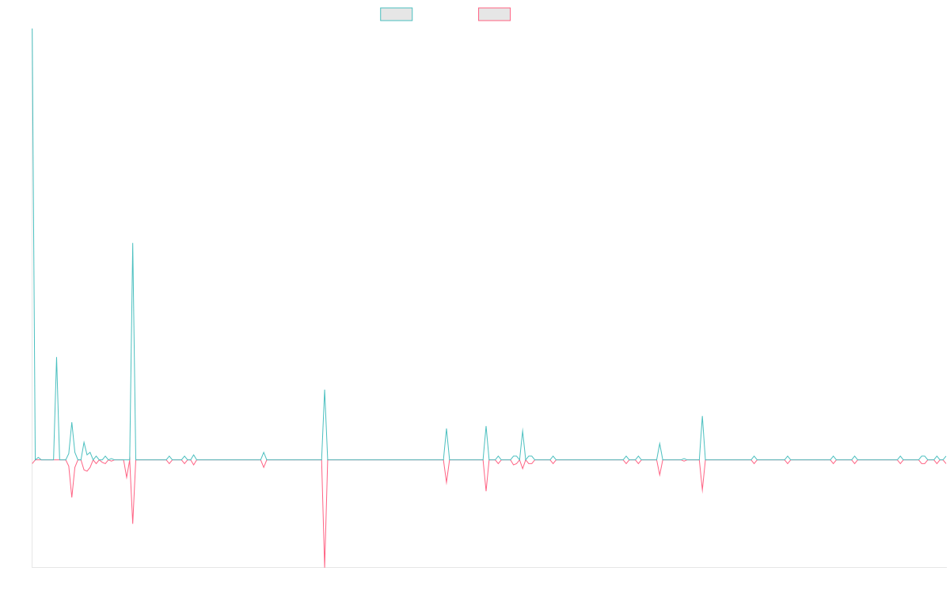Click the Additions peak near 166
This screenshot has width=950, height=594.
133,243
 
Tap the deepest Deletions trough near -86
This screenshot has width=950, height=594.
325,565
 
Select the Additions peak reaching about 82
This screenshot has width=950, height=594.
56,357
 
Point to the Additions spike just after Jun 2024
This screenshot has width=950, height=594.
702,417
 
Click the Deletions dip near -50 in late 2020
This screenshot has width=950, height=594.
133,523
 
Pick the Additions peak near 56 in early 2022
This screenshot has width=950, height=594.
325,390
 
